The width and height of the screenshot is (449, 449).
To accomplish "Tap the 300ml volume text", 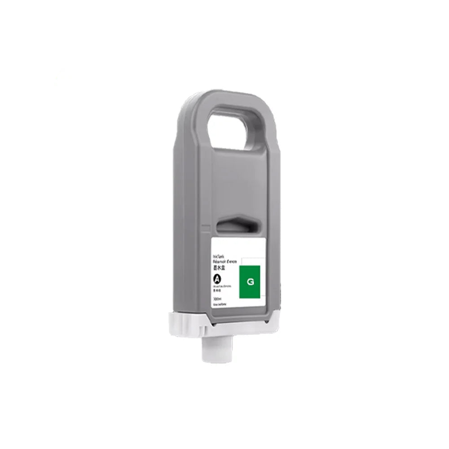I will point(217,298).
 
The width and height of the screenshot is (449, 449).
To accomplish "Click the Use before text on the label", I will point(220,304).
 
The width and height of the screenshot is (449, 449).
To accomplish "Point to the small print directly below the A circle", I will point(222,286).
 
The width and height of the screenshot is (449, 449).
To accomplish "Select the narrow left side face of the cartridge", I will point(189,216).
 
